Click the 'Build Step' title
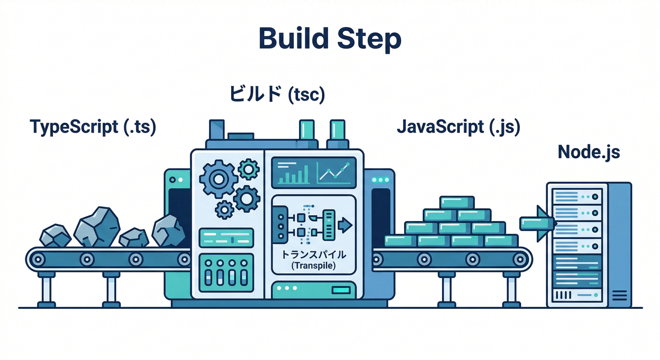330,39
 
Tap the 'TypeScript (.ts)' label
93,127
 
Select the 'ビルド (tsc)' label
277,94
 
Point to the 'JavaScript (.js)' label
458,127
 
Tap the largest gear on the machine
217,178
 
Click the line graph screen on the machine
334,172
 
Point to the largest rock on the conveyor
97,227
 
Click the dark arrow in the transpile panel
345,225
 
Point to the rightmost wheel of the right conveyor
518,258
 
